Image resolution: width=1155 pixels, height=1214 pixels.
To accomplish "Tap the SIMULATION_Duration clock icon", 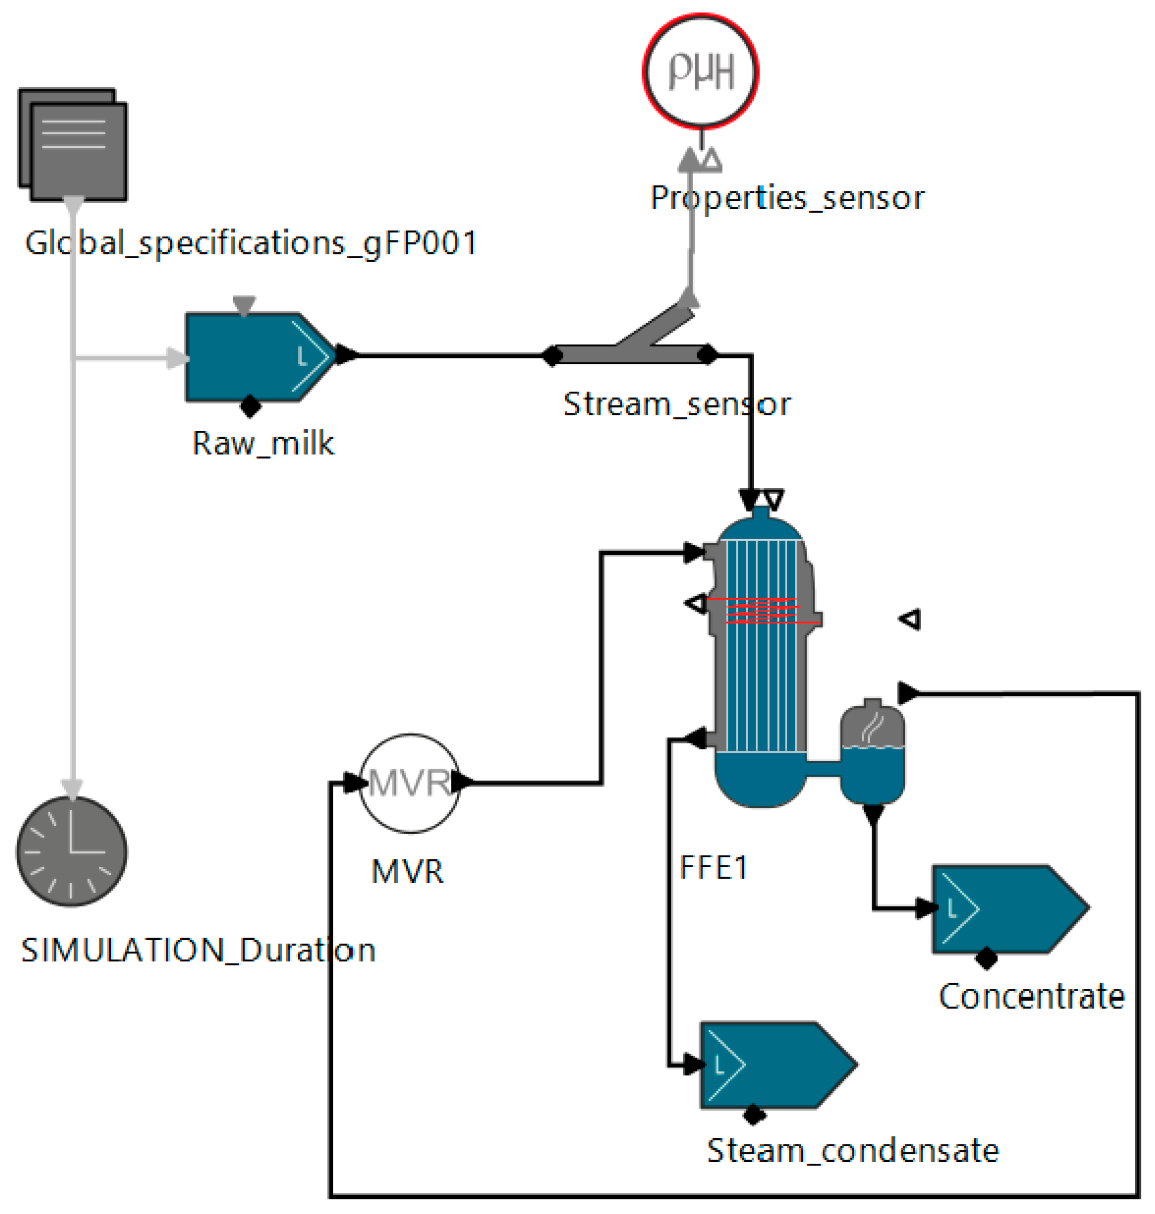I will [x=72, y=851].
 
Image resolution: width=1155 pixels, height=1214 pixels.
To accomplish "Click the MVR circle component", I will [x=410, y=783].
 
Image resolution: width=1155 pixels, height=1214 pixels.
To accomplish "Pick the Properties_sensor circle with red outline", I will [x=701, y=72].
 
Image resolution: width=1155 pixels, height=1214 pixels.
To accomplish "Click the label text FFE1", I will [x=714, y=868].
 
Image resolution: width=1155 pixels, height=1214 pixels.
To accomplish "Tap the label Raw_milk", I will [x=263, y=443].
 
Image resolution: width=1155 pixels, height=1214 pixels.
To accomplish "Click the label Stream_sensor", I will [x=676, y=404].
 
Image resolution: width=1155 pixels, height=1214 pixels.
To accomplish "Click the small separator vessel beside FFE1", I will [x=872, y=755].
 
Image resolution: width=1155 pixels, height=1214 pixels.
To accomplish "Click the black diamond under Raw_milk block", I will [x=250, y=406].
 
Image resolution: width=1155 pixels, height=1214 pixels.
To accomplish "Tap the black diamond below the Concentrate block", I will [x=986, y=959].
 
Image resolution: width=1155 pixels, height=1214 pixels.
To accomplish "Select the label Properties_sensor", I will [x=787, y=198].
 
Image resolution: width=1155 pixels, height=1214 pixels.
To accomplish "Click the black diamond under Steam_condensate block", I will [x=754, y=1114].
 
